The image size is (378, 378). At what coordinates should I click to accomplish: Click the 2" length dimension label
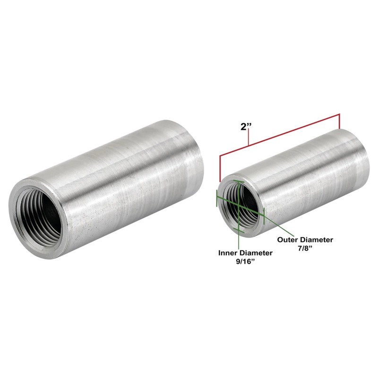point(246,127)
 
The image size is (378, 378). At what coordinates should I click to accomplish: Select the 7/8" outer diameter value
point(305,249)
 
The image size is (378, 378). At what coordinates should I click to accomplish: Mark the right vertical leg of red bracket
point(339,121)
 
